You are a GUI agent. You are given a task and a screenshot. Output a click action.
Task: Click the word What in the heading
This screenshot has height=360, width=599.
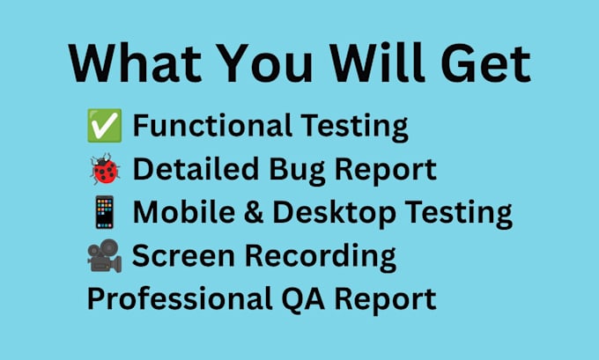[x=136, y=63]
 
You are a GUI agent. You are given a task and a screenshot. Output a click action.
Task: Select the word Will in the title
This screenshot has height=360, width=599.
[x=377, y=62]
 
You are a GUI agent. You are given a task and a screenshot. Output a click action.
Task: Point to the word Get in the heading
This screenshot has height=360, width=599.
[x=486, y=63]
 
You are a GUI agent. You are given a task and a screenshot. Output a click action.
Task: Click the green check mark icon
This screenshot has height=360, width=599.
[x=105, y=126]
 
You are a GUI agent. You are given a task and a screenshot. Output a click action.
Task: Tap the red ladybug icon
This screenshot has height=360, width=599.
[x=105, y=169]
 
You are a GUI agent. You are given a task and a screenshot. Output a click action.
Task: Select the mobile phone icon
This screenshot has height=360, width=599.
[x=105, y=212]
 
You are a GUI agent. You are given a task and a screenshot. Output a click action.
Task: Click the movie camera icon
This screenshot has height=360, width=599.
[x=105, y=256]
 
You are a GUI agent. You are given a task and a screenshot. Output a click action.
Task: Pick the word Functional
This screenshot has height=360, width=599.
[x=212, y=126]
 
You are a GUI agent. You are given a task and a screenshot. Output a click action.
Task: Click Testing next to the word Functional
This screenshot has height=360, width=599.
[x=354, y=127]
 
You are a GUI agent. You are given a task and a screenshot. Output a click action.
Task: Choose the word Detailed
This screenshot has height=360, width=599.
[x=196, y=169]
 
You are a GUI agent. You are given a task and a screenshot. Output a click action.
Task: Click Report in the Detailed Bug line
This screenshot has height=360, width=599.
[x=386, y=171]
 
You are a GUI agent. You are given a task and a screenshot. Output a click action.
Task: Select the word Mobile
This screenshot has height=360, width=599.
[x=184, y=211]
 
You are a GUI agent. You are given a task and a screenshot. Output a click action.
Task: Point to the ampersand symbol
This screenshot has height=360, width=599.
[x=254, y=212]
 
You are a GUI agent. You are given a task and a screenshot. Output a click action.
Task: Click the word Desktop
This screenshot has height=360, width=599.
[x=334, y=213]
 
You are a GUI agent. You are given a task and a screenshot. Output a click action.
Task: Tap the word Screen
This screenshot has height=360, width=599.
[x=183, y=255]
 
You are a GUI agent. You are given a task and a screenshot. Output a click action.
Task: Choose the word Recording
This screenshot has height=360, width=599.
[x=320, y=257]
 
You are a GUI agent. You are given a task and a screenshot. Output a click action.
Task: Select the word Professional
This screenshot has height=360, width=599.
[x=180, y=298]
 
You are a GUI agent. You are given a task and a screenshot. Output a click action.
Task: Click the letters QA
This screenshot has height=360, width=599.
[x=303, y=299]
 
